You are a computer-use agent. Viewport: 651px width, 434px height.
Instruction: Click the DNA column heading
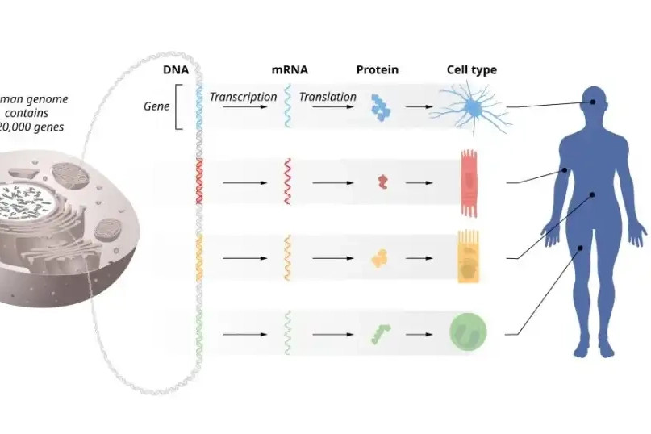(x=176, y=70)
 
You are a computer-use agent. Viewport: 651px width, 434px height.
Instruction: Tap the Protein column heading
(x=377, y=70)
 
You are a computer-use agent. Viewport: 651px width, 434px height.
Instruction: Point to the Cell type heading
(x=472, y=70)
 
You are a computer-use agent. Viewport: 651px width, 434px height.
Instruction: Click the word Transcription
(x=243, y=97)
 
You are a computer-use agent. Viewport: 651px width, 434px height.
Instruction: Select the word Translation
(x=328, y=97)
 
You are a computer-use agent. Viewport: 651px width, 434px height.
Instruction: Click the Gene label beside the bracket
(x=156, y=106)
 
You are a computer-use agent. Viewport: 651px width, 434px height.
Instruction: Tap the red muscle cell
(x=469, y=182)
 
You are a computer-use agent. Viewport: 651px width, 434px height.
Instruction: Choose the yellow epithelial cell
(x=469, y=257)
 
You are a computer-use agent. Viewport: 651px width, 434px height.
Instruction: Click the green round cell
(x=469, y=332)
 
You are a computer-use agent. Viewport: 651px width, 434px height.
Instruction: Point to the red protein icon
(x=382, y=182)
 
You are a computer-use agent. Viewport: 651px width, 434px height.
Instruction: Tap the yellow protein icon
(x=380, y=258)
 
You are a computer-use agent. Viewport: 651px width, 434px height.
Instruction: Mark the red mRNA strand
(x=286, y=182)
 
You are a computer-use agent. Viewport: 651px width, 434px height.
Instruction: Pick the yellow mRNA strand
(x=286, y=257)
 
